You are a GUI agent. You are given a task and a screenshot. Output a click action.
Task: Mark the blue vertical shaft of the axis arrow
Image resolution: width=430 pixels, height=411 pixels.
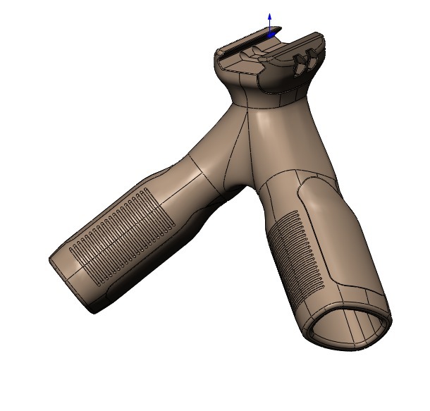click(x=269, y=25)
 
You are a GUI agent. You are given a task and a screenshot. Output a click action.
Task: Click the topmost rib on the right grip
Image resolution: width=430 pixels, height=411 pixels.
click(x=286, y=216)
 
